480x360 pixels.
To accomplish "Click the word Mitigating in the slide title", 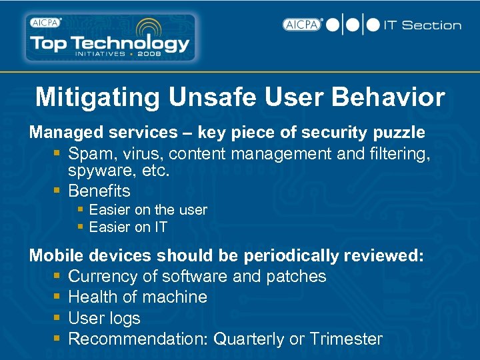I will coord(97,97).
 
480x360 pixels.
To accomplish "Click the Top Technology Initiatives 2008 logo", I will coord(110,37).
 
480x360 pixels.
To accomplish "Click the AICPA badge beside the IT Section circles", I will coord(302,25).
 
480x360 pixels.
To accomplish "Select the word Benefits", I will coord(99,191).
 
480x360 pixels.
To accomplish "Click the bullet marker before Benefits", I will coord(58,191).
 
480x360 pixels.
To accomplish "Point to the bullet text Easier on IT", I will coord(128,227).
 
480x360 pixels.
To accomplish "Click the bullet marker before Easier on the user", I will coord(81,209).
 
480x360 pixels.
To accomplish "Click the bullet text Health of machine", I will coord(138,297).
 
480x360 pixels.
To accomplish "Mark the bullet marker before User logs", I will coord(58,318).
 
